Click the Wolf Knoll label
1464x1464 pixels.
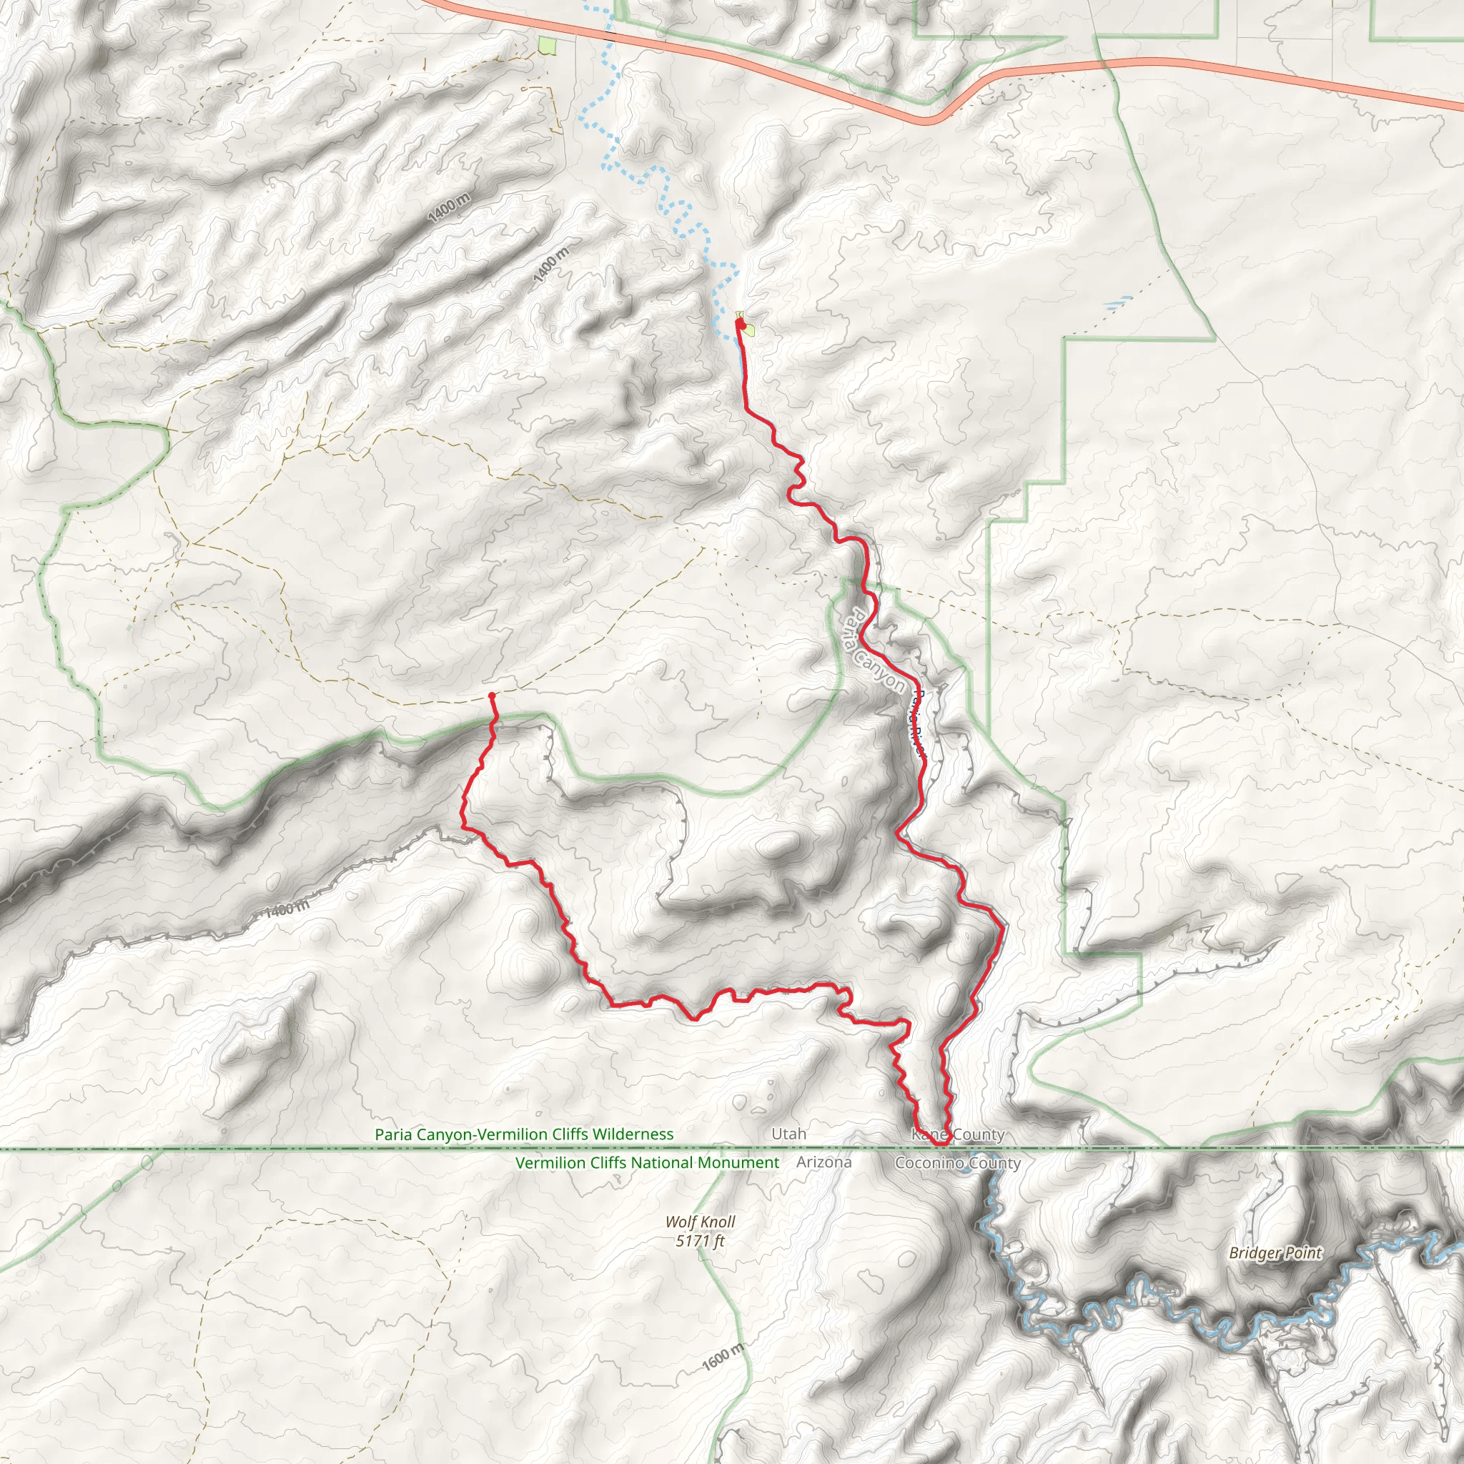(699, 1222)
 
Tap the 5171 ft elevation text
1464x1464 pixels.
(699, 1241)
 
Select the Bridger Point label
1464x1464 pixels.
(1275, 1252)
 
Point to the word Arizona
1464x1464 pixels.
(823, 1162)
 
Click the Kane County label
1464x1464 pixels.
(958, 1134)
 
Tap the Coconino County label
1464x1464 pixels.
(958, 1162)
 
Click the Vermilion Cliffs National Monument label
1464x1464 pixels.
(646, 1162)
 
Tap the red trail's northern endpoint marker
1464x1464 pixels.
(741, 324)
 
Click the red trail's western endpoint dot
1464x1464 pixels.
(492, 695)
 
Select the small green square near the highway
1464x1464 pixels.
(547, 46)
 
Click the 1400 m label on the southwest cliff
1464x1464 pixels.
(287, 909)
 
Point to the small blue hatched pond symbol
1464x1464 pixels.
(1118, 304)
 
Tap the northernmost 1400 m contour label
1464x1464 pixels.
(449, 207)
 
